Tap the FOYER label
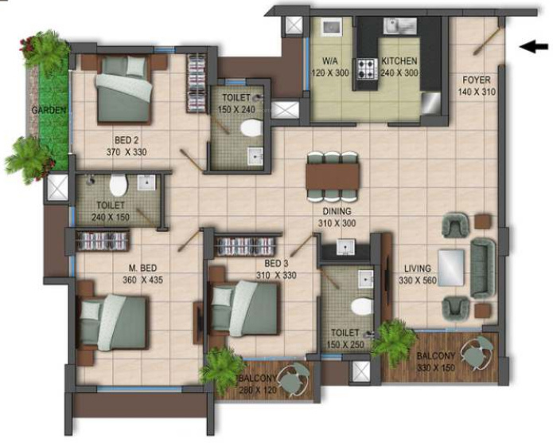point(476,86)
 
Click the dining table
point(333,174)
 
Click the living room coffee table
point(451,265)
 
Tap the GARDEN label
point(49,111)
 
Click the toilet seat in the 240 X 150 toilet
point(118,186)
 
